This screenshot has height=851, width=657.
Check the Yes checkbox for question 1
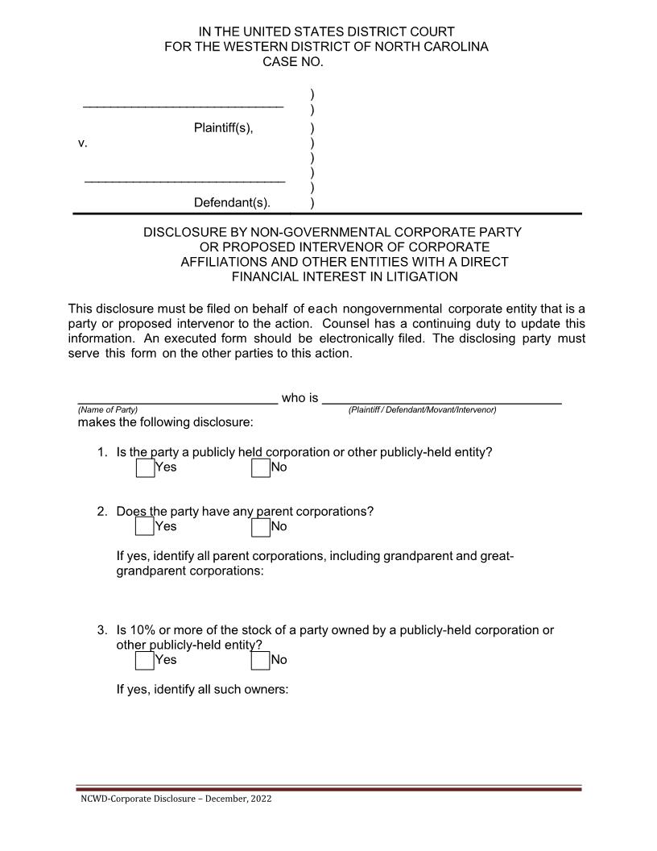tap(145, 467)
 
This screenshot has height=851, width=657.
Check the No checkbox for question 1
tap(260, 467)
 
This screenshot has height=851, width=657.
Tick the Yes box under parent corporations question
tap(145, 527)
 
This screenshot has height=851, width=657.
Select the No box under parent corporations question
tap(260, 527)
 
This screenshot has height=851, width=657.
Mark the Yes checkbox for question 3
tap(145, 660)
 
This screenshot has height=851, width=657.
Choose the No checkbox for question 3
tap(260, 660)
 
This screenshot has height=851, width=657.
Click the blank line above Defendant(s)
tap(184, 179)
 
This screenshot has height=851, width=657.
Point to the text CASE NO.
tap(293, 62)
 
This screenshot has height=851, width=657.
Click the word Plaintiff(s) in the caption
tap(223, 128)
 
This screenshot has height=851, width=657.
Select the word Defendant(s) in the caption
tap(232, 202)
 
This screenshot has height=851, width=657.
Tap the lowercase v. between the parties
tap(82, 143)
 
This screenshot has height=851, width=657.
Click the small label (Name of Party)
tap(107, 410)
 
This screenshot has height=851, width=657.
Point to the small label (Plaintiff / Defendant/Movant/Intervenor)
tap(422, 410)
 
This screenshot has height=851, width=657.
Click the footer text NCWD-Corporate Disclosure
tap(176, 799)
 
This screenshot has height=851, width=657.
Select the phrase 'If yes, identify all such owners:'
tap(202, 689)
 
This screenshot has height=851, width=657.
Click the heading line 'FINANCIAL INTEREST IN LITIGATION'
tap(345, 276)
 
